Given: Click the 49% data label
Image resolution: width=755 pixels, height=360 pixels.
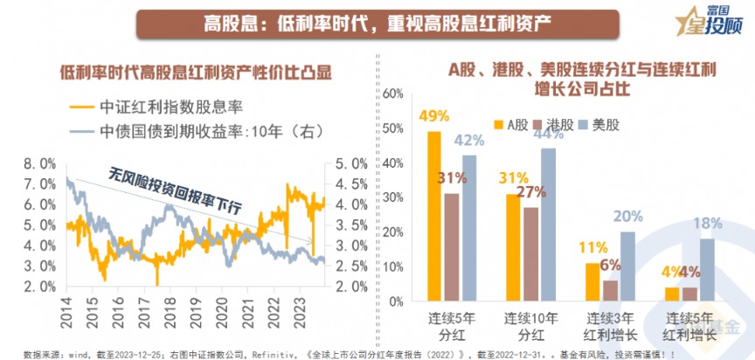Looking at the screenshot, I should coord(433,115).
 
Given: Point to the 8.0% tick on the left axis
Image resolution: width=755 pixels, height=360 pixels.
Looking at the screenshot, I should coord(40,163).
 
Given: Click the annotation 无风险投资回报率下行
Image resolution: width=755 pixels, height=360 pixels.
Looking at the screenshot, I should coord(175,191).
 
